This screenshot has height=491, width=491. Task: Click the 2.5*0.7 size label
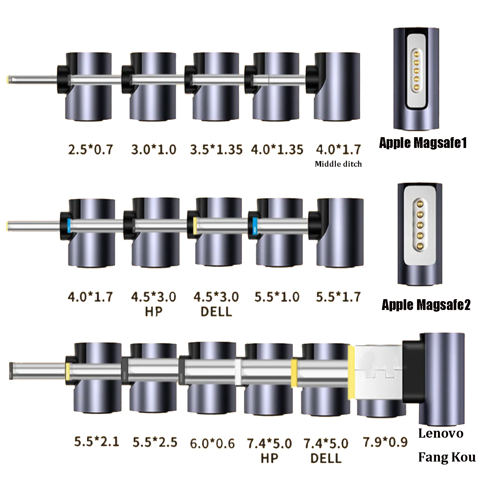[x=90, y=150]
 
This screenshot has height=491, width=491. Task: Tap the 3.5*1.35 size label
[x=216, y=150]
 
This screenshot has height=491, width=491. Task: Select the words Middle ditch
[x=338, y=164]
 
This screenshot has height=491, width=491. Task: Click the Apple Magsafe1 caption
[x=423, y=143]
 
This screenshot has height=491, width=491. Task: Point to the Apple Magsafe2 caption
[x=426, y=305]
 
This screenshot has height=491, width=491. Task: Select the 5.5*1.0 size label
[x=277, y=297]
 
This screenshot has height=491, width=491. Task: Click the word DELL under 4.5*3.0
[x=216, y=312]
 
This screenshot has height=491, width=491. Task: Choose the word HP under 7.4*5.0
[x=269, y=458]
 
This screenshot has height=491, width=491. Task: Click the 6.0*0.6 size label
[x=212, y=444]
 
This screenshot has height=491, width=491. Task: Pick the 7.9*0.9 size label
[x=385, y=442]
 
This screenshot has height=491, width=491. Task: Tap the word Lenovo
[x=441, y=433]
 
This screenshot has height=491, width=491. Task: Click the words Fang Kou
[x=447, y=457]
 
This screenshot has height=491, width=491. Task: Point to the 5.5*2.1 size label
[x=97, y=442]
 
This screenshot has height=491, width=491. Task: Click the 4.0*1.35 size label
[x=277, y=150]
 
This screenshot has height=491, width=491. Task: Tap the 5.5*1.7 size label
[x=338, y=297]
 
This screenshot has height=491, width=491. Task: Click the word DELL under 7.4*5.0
[x=326, y=458]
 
